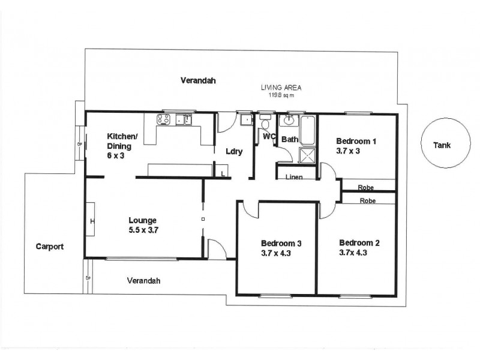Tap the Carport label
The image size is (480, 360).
coord(49,246)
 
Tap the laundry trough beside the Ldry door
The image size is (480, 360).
coord(245,120)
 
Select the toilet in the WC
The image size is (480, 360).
coord(266,124)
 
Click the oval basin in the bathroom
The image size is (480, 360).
coord(290,119)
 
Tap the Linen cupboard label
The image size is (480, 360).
coord(293,177)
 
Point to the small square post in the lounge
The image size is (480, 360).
coord(203,219)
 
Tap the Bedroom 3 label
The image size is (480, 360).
coord(280,243)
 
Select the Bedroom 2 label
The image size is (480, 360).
coord(359,242)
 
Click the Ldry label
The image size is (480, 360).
coord(234,151)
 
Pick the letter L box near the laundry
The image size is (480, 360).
coord(223,173)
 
